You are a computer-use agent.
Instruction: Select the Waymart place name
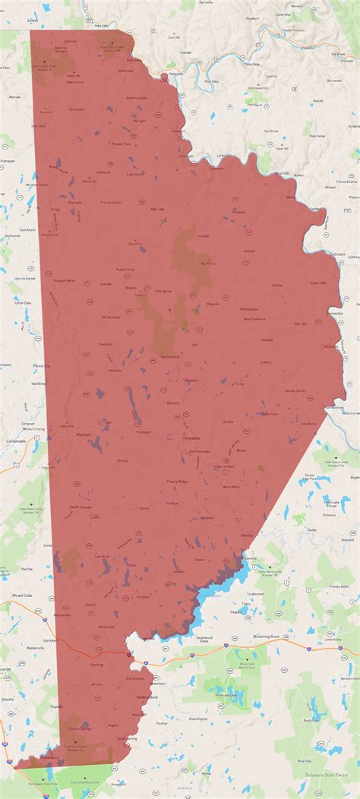84,435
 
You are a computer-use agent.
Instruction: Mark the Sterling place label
96,665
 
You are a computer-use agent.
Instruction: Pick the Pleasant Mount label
65,280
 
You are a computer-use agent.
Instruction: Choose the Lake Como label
135,175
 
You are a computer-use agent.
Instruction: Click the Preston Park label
122,144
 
